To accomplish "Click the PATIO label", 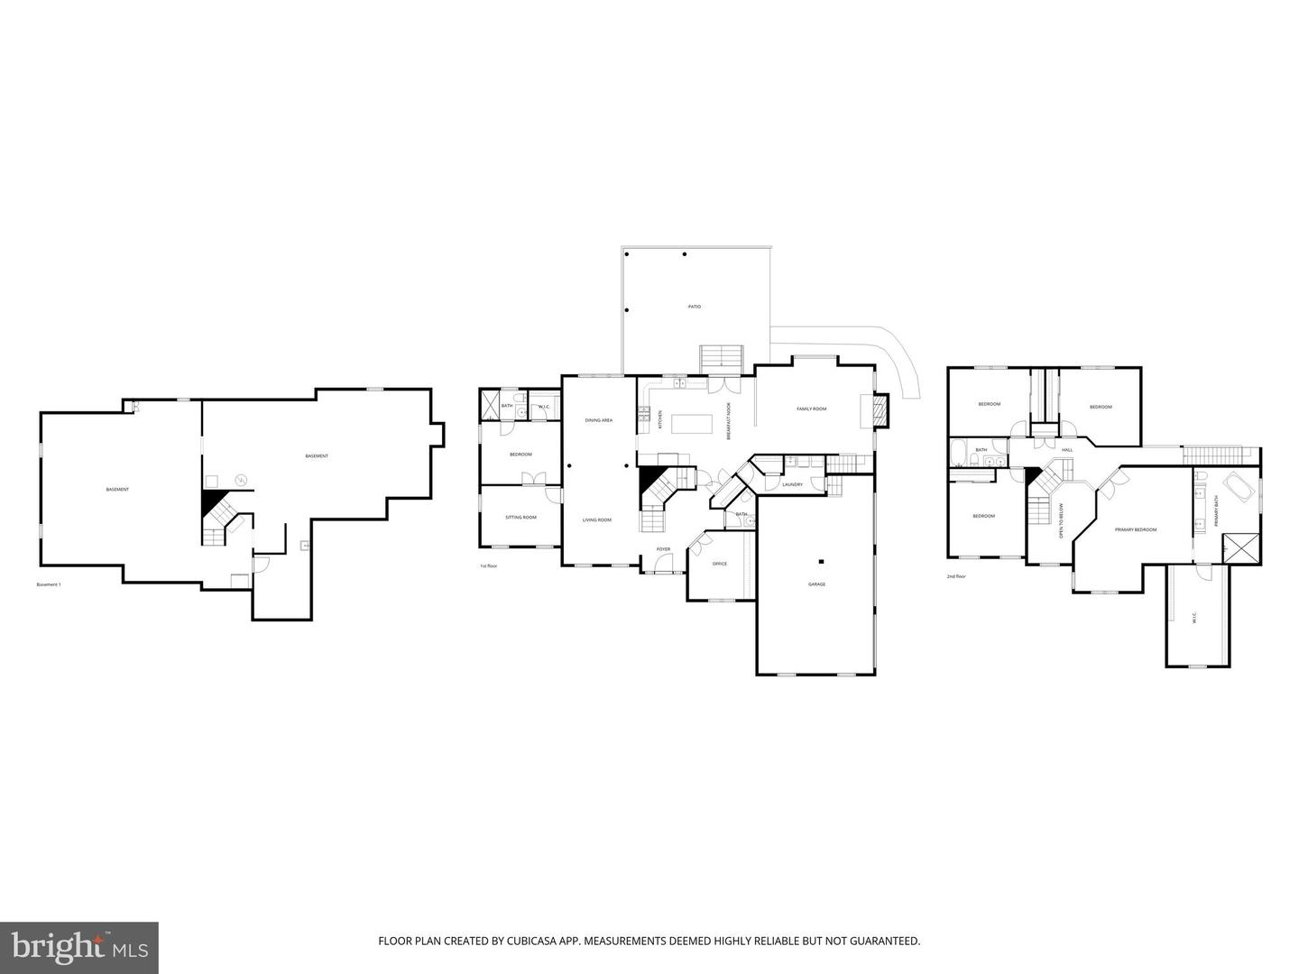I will tap(694, 308).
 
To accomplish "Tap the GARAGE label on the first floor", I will tap(816, 584).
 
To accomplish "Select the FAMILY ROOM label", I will tap(811, 409).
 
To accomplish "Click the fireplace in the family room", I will tap(880, 410).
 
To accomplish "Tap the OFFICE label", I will tap(719, 565).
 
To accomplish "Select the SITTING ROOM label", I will tap(521, 518).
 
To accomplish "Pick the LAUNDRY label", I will tap(792, 485).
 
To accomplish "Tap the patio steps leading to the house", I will tap(722, 358).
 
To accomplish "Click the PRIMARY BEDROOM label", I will tap(1135, 530).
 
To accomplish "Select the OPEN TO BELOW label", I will tap(1062, 521).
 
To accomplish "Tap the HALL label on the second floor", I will tap(1067, 450).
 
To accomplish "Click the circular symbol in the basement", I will tap(241, 480).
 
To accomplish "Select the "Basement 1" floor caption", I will tap(49, 585).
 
